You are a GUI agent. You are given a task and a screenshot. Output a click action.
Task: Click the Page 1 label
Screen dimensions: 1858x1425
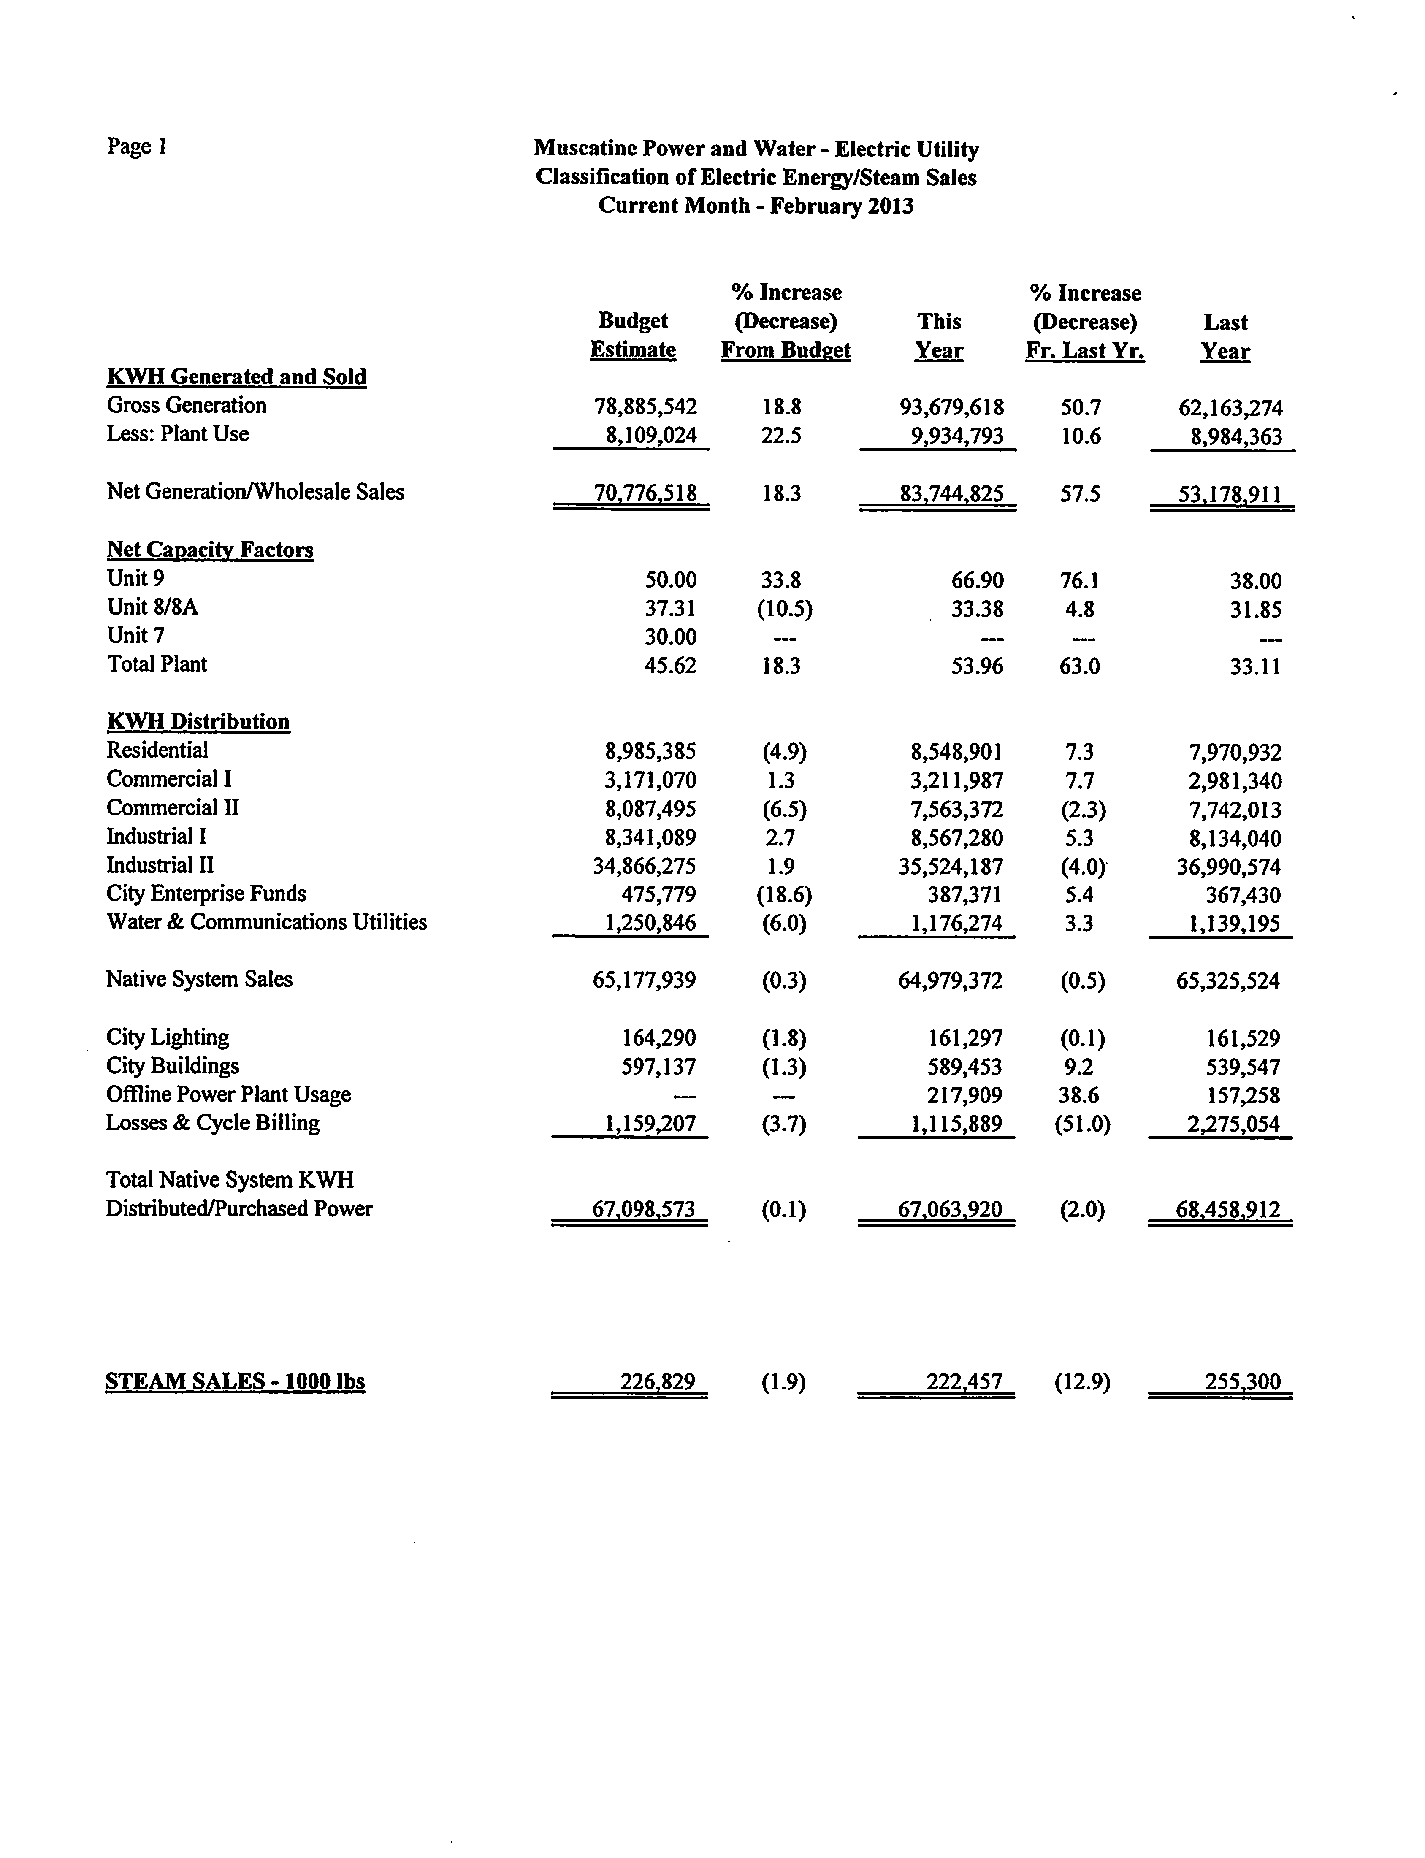tap(137, 147)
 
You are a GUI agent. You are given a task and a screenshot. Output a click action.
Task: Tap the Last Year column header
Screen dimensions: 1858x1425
tap(1225, 337)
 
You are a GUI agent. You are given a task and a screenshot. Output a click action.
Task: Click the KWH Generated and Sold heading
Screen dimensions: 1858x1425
tap(237, 376)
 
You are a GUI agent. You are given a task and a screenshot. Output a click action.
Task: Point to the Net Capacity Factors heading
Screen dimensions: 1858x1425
tap(210, 550)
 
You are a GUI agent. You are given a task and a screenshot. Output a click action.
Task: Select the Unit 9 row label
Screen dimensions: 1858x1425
tap(136, 578)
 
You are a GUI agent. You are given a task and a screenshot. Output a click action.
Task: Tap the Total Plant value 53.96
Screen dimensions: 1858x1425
tap(978, 666)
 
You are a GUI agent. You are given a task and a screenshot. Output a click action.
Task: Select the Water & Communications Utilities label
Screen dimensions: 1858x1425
tap(266, 922)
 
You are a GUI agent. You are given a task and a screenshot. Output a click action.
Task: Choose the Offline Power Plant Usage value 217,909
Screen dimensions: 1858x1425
tap(964, 1095)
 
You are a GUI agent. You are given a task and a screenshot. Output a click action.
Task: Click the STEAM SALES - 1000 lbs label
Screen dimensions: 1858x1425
tap(235, 1381)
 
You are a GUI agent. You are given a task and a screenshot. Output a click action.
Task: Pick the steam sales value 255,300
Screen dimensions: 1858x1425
tap(1243, 1381)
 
